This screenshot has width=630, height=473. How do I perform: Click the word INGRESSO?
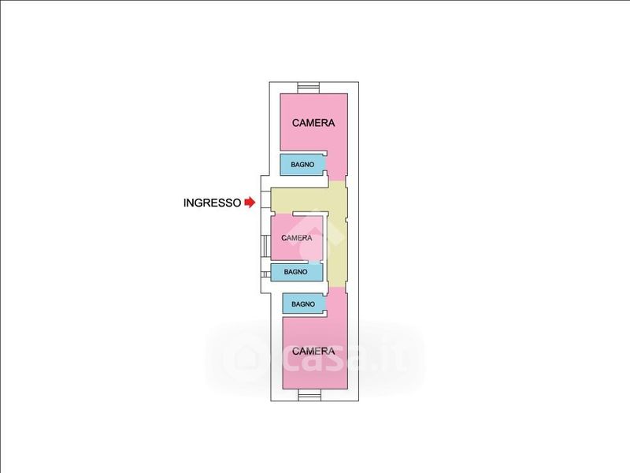coord(212,203)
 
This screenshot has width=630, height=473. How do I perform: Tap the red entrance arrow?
coord(250,203)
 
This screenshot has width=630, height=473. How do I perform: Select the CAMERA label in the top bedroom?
coord(313,123)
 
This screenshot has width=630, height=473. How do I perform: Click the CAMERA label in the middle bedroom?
coord(297,237)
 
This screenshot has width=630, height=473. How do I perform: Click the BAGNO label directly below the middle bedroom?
coord(296,272)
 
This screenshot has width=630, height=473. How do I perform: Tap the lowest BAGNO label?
coord(303,304)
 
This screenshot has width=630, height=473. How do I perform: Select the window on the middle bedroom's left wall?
coord(262,245)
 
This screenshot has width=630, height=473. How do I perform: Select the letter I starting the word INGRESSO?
coord(185,203)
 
